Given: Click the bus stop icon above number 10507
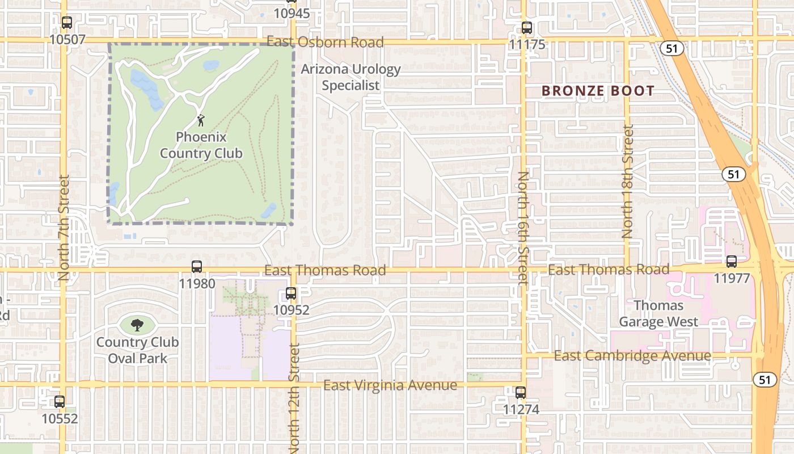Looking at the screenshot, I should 67,23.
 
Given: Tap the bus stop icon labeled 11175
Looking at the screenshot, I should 527,28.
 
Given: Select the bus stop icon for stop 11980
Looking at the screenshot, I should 197,267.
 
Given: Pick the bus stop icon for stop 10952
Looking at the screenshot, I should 291,293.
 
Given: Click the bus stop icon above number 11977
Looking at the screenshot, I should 732,262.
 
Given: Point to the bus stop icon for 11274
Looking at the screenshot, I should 520,392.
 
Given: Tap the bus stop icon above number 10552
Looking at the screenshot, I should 60,402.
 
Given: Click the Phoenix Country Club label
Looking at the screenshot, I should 201,145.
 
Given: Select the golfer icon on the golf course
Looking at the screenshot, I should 200,120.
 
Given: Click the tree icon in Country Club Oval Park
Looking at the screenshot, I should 137,325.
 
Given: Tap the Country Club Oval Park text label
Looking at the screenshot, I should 137,350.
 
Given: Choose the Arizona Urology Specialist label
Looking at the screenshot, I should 350,77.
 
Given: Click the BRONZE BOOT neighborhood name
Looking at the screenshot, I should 598,91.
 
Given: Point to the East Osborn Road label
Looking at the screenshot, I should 325,42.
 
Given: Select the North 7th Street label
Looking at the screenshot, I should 64,227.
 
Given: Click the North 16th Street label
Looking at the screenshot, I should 523,227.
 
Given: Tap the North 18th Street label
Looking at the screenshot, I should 627,182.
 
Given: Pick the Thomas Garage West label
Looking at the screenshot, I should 658,314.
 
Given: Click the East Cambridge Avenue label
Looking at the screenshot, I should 632,356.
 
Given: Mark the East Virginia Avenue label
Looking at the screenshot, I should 390,385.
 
